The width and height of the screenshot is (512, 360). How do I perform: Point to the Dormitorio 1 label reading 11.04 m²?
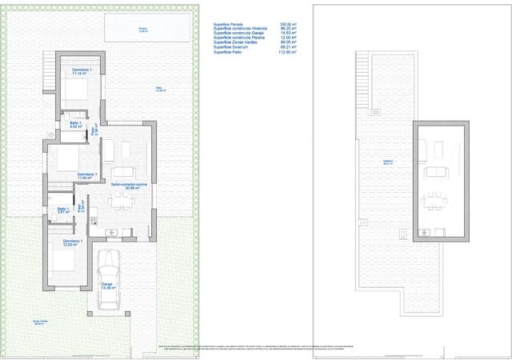pos(87,176)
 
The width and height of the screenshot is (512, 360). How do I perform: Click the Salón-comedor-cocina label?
pos(128,186)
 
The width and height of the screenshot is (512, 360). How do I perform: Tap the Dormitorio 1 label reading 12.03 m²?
pos(73,242)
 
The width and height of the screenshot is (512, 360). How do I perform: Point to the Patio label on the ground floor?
pos(159,90)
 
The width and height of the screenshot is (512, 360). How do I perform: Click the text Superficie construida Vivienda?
pos(240,30)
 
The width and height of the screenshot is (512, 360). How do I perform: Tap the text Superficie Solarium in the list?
pos(231,47)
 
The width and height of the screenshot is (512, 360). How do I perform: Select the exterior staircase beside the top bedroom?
pos(49,79)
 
